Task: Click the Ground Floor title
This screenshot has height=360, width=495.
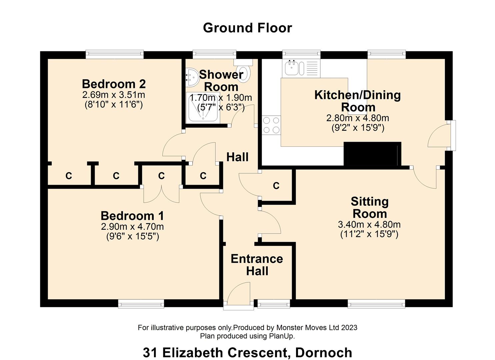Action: point(247,28)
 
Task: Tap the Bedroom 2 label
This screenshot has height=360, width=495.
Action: point(114,84)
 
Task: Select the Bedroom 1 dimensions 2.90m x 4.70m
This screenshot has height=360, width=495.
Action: point(132,227)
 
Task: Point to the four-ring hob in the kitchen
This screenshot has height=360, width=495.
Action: point(271,125)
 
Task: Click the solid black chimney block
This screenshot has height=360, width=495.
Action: point(372,154)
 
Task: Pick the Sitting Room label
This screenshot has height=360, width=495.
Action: point(370,208)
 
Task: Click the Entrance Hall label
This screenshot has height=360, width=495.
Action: point(257,265)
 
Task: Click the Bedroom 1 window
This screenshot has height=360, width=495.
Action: point(141,304)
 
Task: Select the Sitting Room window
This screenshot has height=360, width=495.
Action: point(377,304)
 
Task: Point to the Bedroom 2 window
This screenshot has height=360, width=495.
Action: point(115,54)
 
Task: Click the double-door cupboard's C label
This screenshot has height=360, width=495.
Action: point(162,176)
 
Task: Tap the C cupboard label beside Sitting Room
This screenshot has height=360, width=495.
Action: point(276,186)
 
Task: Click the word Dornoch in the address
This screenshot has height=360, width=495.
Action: point(324,353)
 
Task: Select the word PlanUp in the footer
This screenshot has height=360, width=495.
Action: point(281,336)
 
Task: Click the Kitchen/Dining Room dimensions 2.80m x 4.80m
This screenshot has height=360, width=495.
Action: point(358,118)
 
